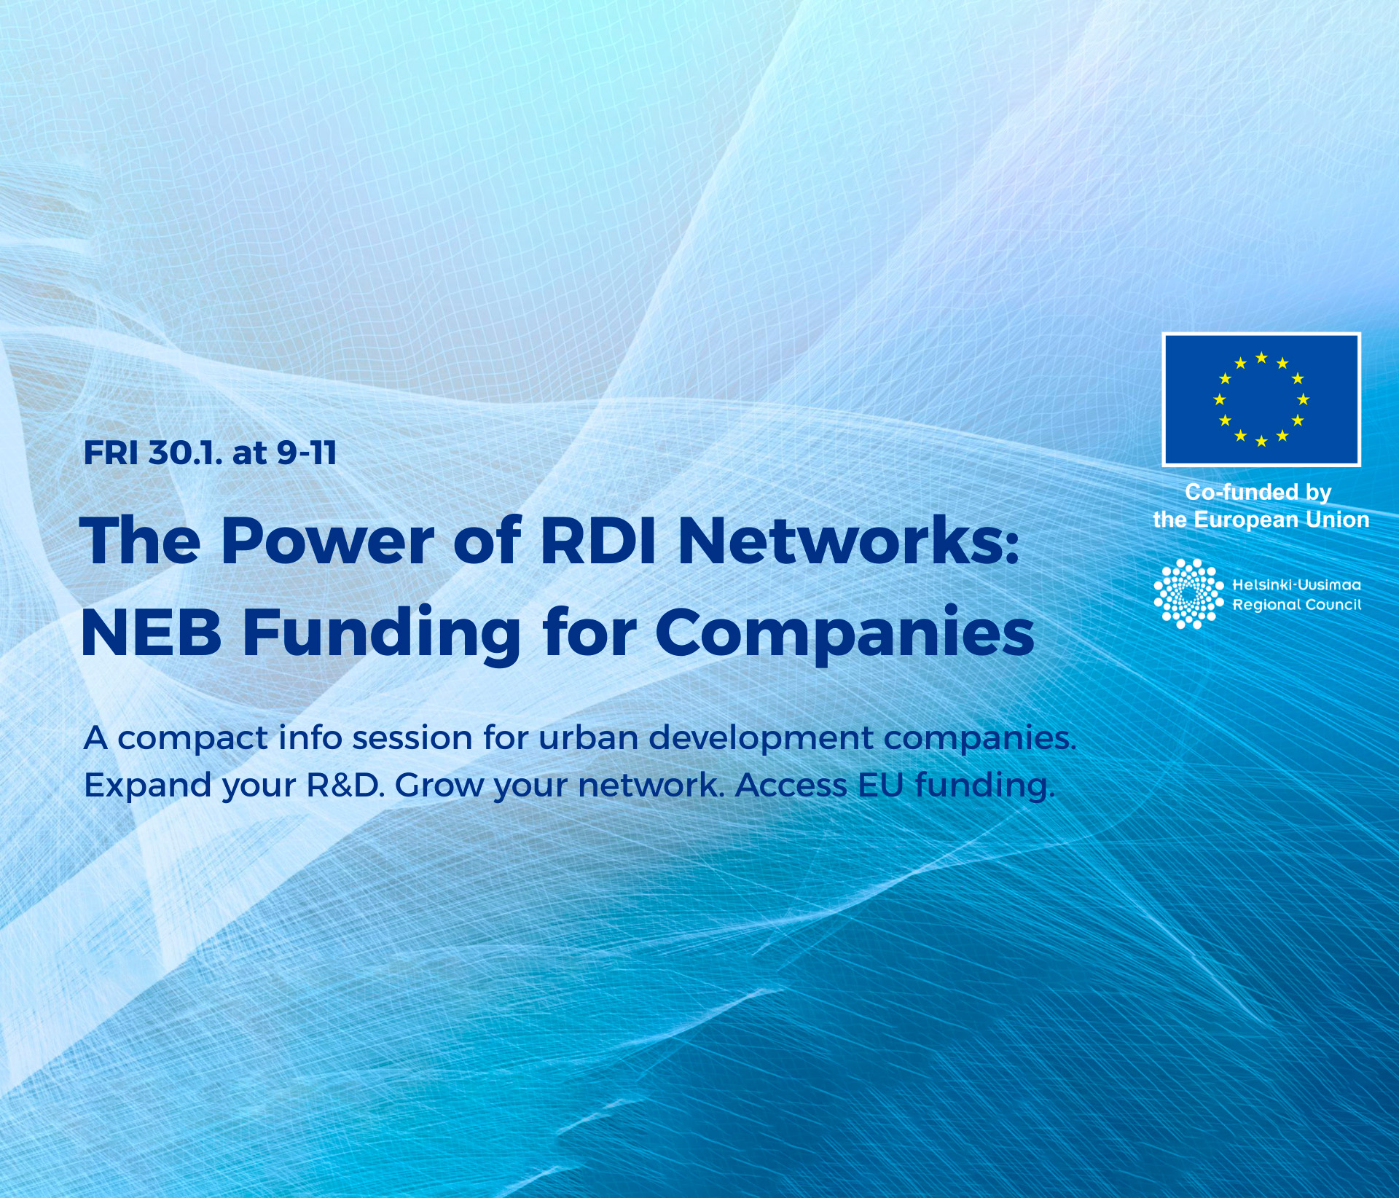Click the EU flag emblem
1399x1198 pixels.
[1261, 399]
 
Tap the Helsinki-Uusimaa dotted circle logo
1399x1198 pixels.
[1188, 593]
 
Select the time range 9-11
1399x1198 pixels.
[306, 453]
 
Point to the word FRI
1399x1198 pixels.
[111, 453]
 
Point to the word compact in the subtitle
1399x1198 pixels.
[192, 739]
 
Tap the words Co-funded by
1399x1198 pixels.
[1258, 493]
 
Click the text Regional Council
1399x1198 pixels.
[1296, 605]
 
